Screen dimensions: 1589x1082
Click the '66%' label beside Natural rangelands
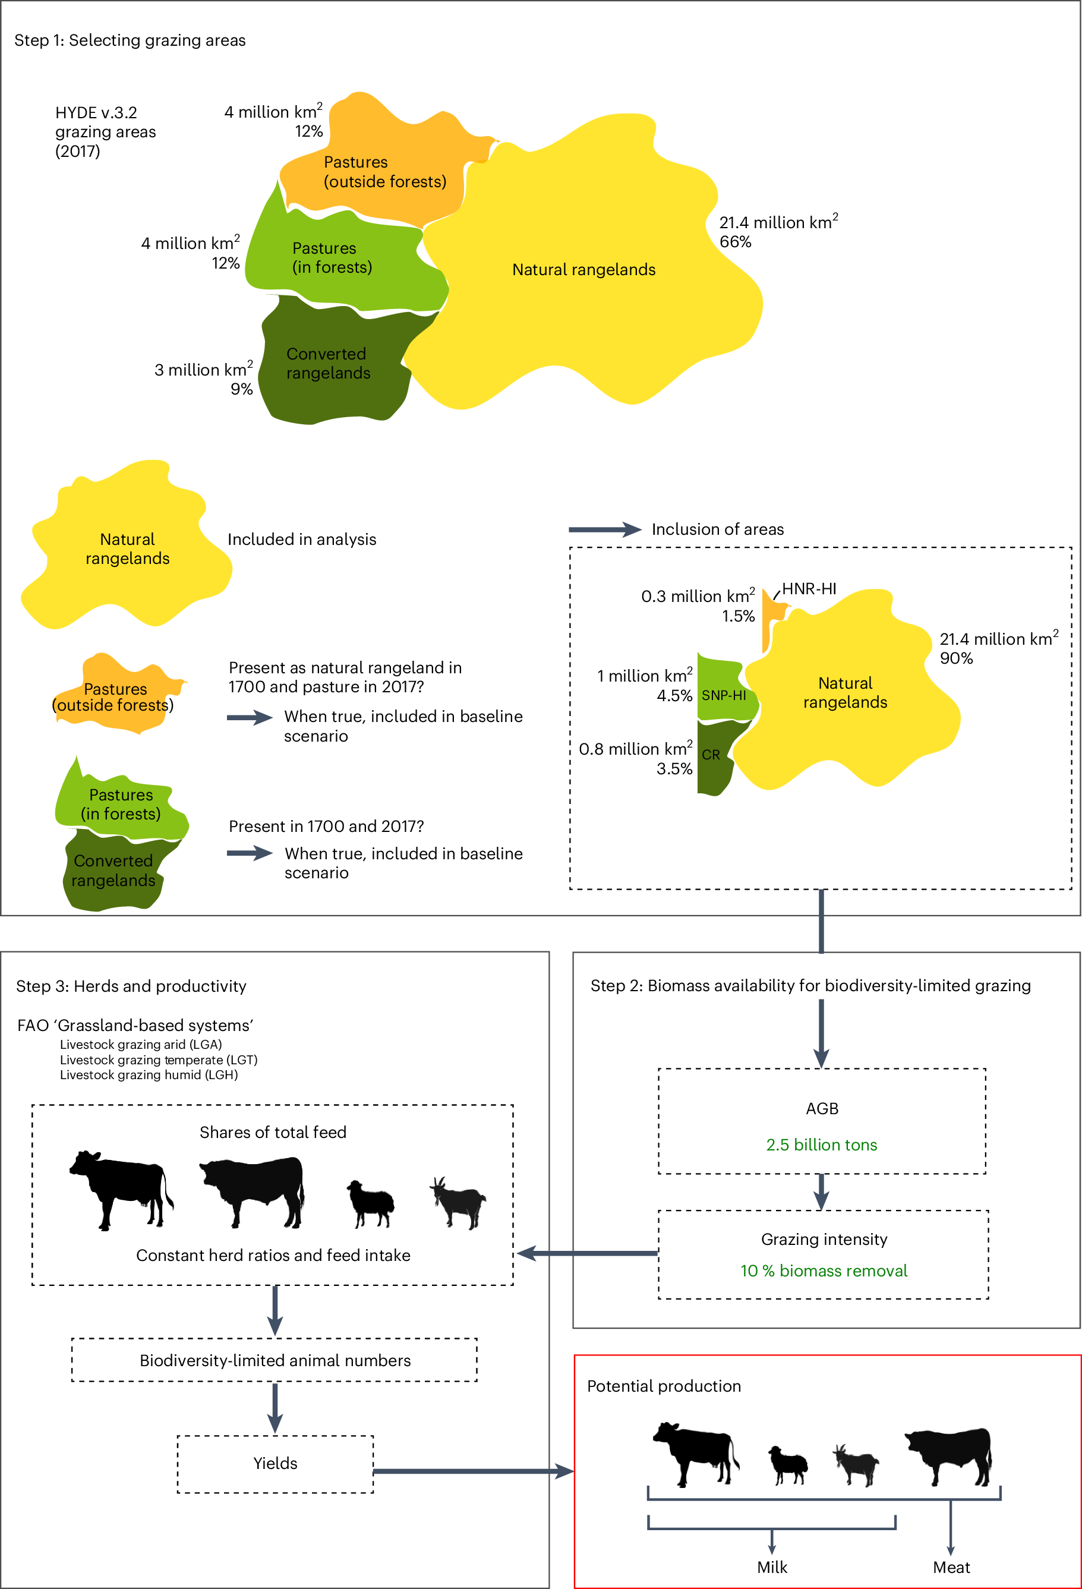(x=735, y=242)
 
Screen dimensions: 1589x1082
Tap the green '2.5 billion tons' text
(x=821, y=1145)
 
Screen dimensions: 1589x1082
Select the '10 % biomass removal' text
(x=824, y=1270)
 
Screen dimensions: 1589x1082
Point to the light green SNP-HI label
(x=723, y=695)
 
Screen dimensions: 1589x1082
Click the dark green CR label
(x=710, y=755)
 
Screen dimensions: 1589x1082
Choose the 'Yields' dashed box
(x=276, y=1463)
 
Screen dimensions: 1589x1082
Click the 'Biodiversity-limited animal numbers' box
(x=275, y=1360)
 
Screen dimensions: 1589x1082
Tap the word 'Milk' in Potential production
(x=772, y=1567)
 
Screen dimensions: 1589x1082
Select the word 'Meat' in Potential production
(x=951, y=1567)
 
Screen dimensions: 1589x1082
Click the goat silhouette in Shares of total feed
(x=458, y=1203)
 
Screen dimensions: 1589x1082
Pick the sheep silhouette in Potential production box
(x=788, y=1465)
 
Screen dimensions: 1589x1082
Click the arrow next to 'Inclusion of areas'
(x=604, y=529)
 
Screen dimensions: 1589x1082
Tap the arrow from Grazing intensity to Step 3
(x=588, y=1253)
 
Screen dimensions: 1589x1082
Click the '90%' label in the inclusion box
(x=955, y=658)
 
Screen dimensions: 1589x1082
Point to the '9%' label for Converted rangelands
(x=241, y=389)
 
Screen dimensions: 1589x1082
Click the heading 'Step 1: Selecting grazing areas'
(x=130, y=40)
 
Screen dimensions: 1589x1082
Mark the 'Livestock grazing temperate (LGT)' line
(x=159, y=1060)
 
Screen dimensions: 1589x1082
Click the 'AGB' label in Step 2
(x=822, y=1108)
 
